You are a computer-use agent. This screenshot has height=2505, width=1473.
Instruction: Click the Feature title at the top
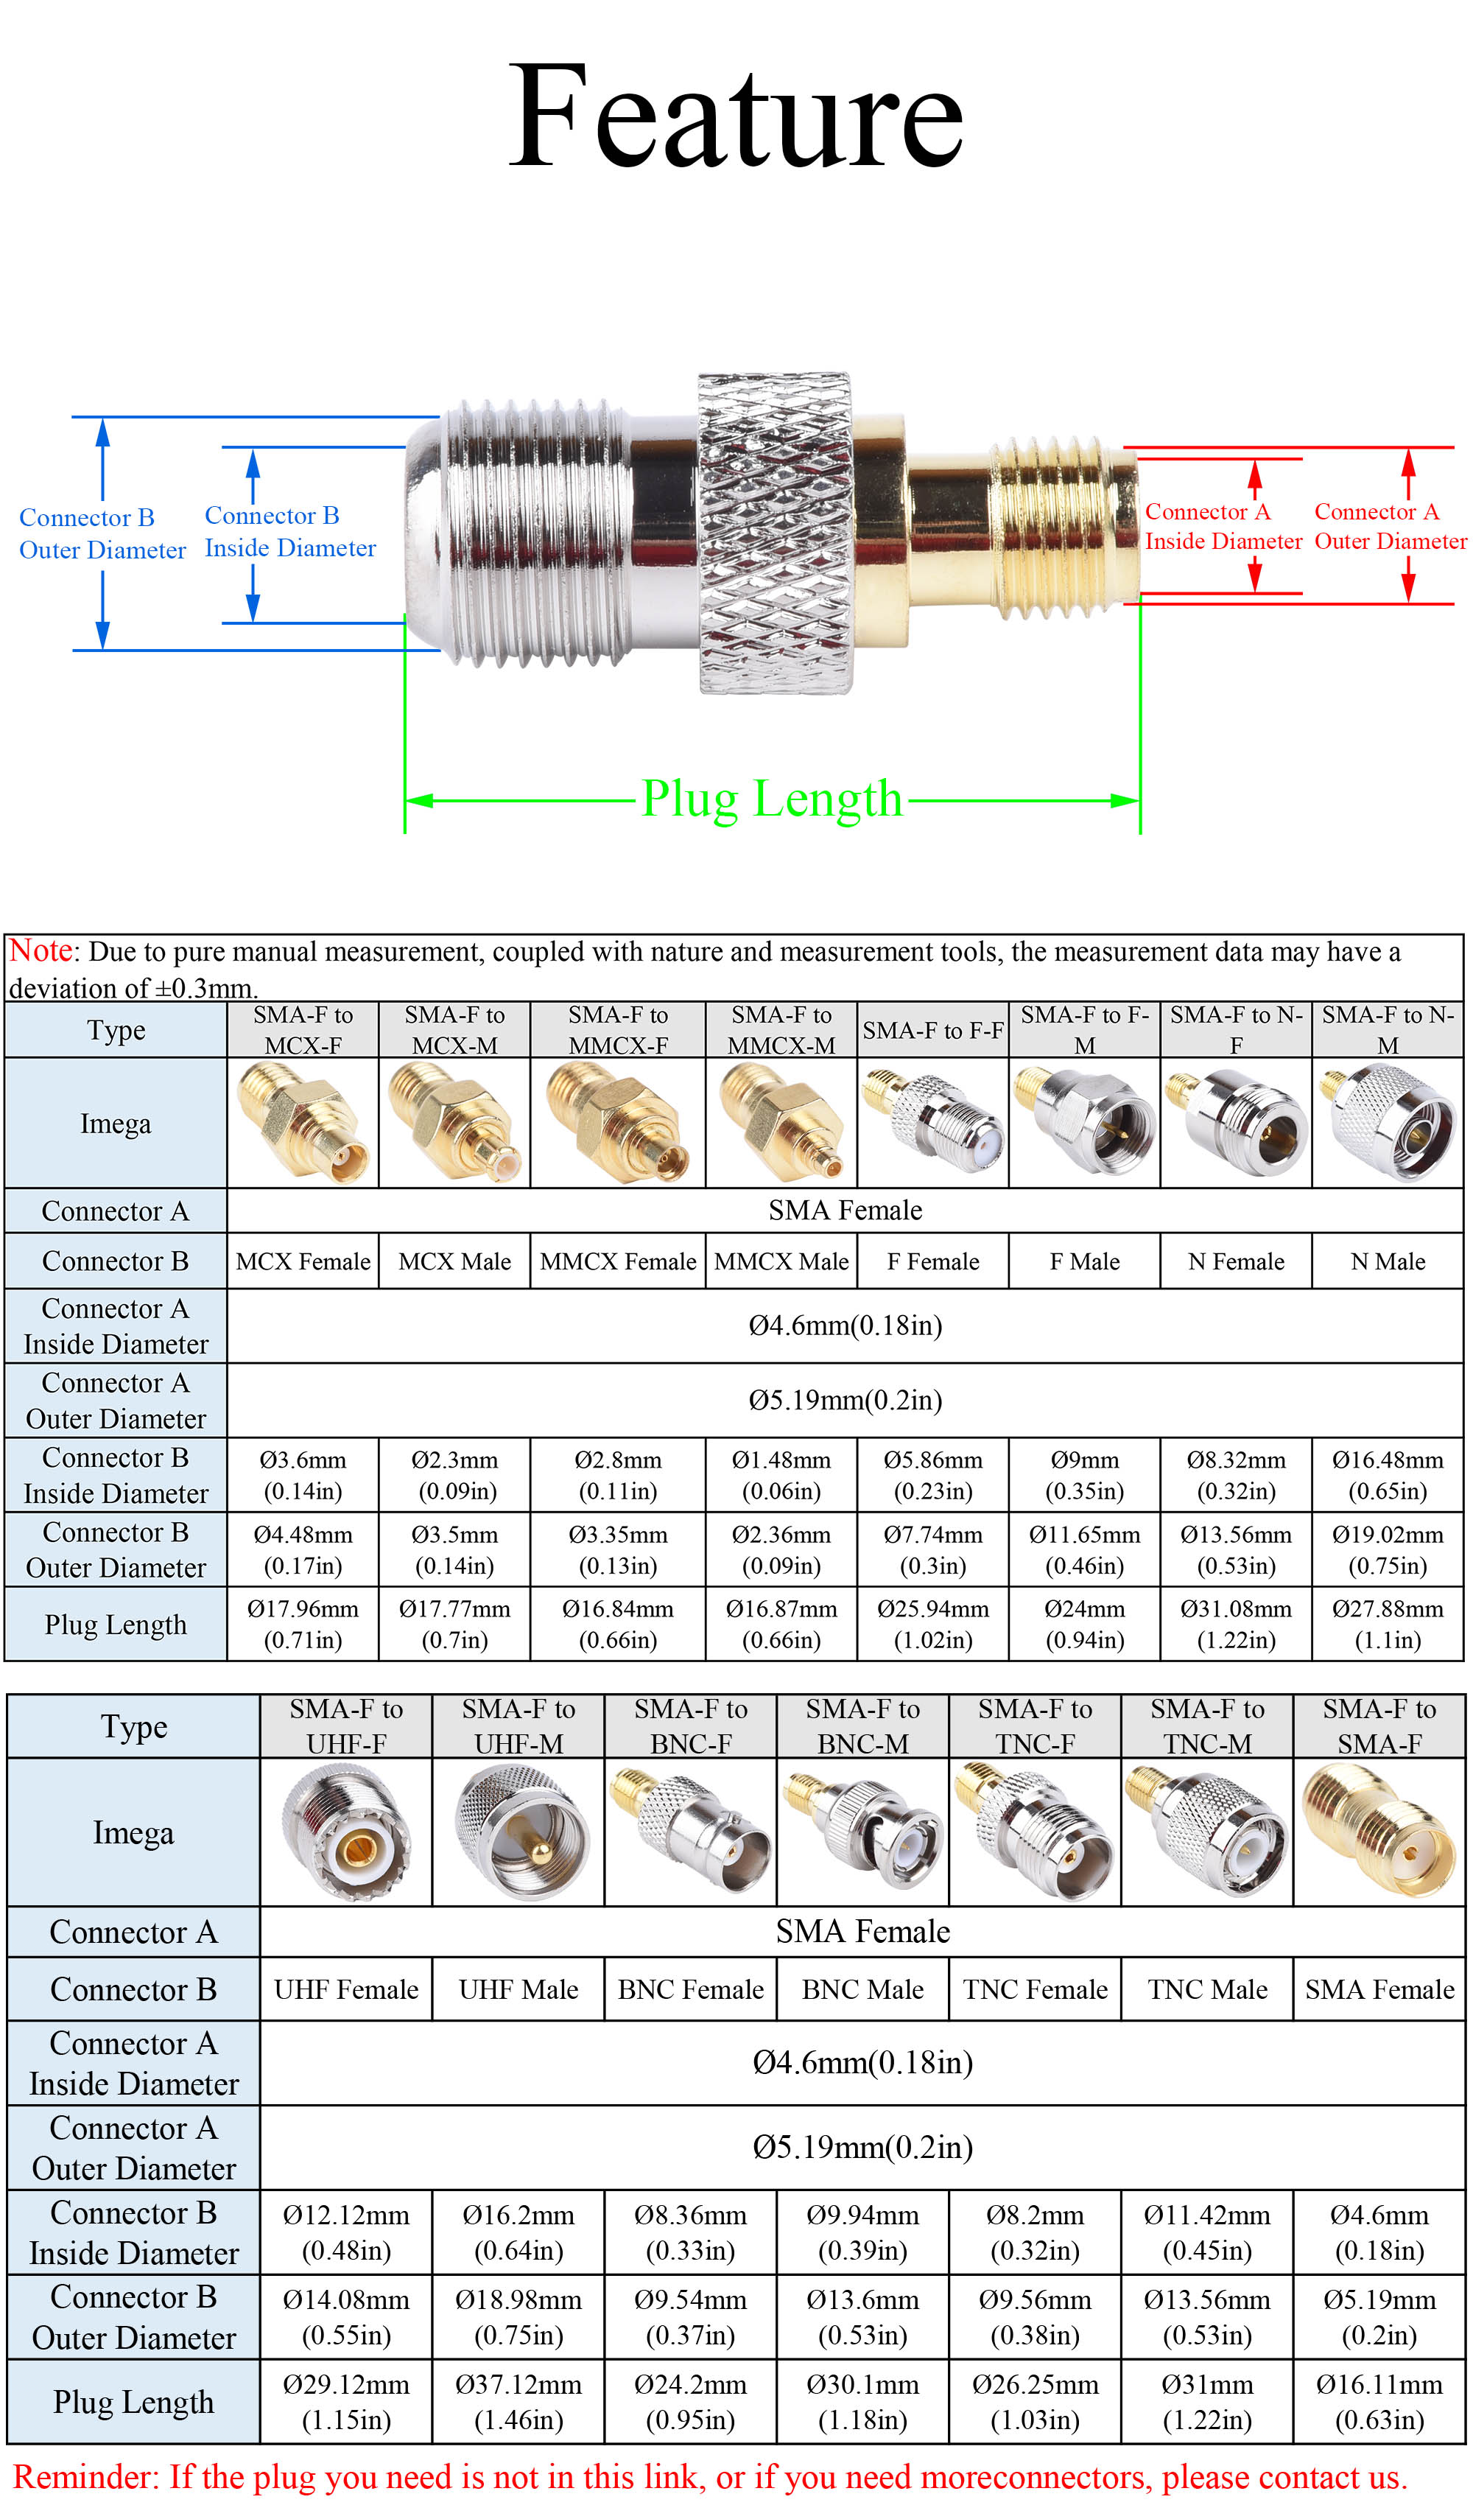tap(736, 117)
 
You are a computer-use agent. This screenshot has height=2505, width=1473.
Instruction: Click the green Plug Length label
tap(770, 799)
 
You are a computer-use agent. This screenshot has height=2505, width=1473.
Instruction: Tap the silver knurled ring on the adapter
tap(776, 534)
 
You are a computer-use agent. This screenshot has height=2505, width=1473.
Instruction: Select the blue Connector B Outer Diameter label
tap(102, 534)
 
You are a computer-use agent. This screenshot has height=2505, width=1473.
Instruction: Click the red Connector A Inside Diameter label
tap(1223, 527)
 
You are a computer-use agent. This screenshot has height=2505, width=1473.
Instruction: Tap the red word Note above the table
tap(40, 951)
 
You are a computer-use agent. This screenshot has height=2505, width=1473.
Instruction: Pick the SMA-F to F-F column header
tap(932, 1031)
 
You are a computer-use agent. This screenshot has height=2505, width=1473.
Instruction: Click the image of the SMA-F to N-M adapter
tap(1388, 1122)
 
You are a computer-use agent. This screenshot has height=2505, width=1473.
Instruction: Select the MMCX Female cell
tap(617, 1261)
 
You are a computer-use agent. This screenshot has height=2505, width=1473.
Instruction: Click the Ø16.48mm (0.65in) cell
tap(1388, 1475)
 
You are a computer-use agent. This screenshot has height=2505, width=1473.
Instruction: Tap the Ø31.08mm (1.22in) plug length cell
tap(1235, 1625)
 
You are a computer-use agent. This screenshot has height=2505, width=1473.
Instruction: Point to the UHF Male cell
tap(518, 1989)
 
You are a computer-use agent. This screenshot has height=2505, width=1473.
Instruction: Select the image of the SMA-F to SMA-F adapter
tap(1379, 1832)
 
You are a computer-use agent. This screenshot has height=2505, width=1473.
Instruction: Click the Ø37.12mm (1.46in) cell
tap(518, 2402)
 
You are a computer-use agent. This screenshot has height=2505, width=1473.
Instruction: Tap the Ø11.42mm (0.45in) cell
tap(1206, 2232)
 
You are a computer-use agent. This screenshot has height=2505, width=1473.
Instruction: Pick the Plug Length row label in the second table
tap(133, 2402)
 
